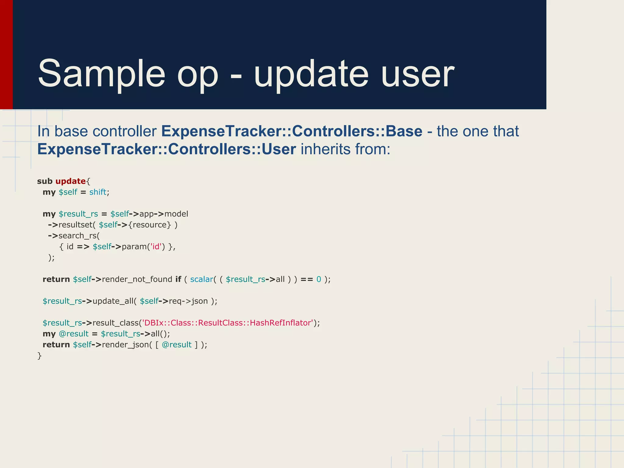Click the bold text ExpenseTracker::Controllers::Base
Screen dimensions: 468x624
point(292,131)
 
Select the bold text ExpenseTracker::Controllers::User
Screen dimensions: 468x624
point(166,149)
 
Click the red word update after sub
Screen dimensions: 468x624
point(70,181)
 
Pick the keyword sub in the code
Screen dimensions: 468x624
point(45,181)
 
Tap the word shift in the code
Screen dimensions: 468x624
point(97,192)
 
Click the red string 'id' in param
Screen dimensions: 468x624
point(156,246)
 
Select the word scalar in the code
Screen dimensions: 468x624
point(201,279)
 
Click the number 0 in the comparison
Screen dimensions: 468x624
point(319,279)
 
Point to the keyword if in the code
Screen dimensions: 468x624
point(178,279)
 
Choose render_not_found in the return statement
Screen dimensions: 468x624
point(137,279)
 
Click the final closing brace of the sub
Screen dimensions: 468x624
point(39,356)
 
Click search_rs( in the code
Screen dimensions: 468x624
point(79,236)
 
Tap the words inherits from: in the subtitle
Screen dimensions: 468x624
point(345,149)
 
